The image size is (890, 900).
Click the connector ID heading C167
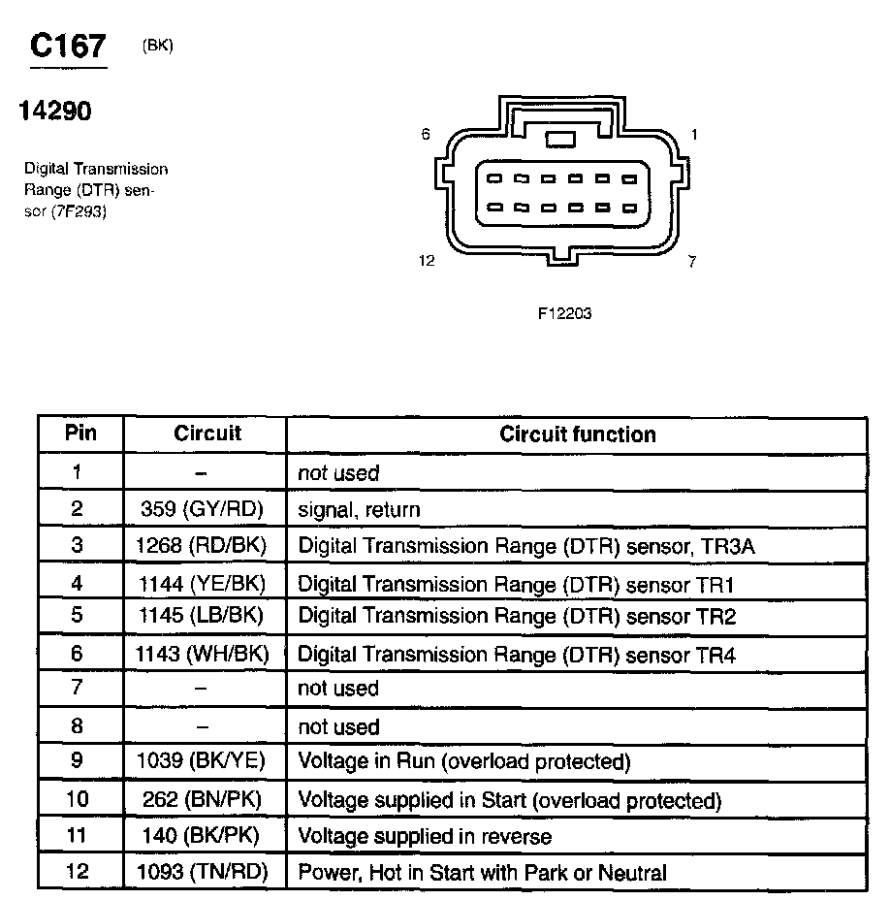[x=68, y=46]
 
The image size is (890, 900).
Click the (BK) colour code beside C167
[x=157, y=45]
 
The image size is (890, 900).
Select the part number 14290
[x=55, y=112]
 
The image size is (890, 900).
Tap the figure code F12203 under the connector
[x=564, y=313]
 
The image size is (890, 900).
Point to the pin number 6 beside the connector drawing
[x=426, y=135]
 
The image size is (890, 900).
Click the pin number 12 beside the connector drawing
[x=427, y=261]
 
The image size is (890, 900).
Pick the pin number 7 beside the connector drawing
[x=691, y=262]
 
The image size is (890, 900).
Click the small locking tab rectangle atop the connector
[x=559, y=140]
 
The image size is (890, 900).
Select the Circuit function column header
[x=577, y=434]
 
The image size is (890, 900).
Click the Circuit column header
[x=207, y=434]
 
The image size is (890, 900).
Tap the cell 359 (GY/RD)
[x=207, y=509]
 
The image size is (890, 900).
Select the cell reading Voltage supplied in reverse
[x=425, y=836]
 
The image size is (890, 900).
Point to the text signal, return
[x=359, y=509]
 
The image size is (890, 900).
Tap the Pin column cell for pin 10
[x=78, y=799]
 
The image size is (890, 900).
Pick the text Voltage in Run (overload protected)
[x=464, y=761]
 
